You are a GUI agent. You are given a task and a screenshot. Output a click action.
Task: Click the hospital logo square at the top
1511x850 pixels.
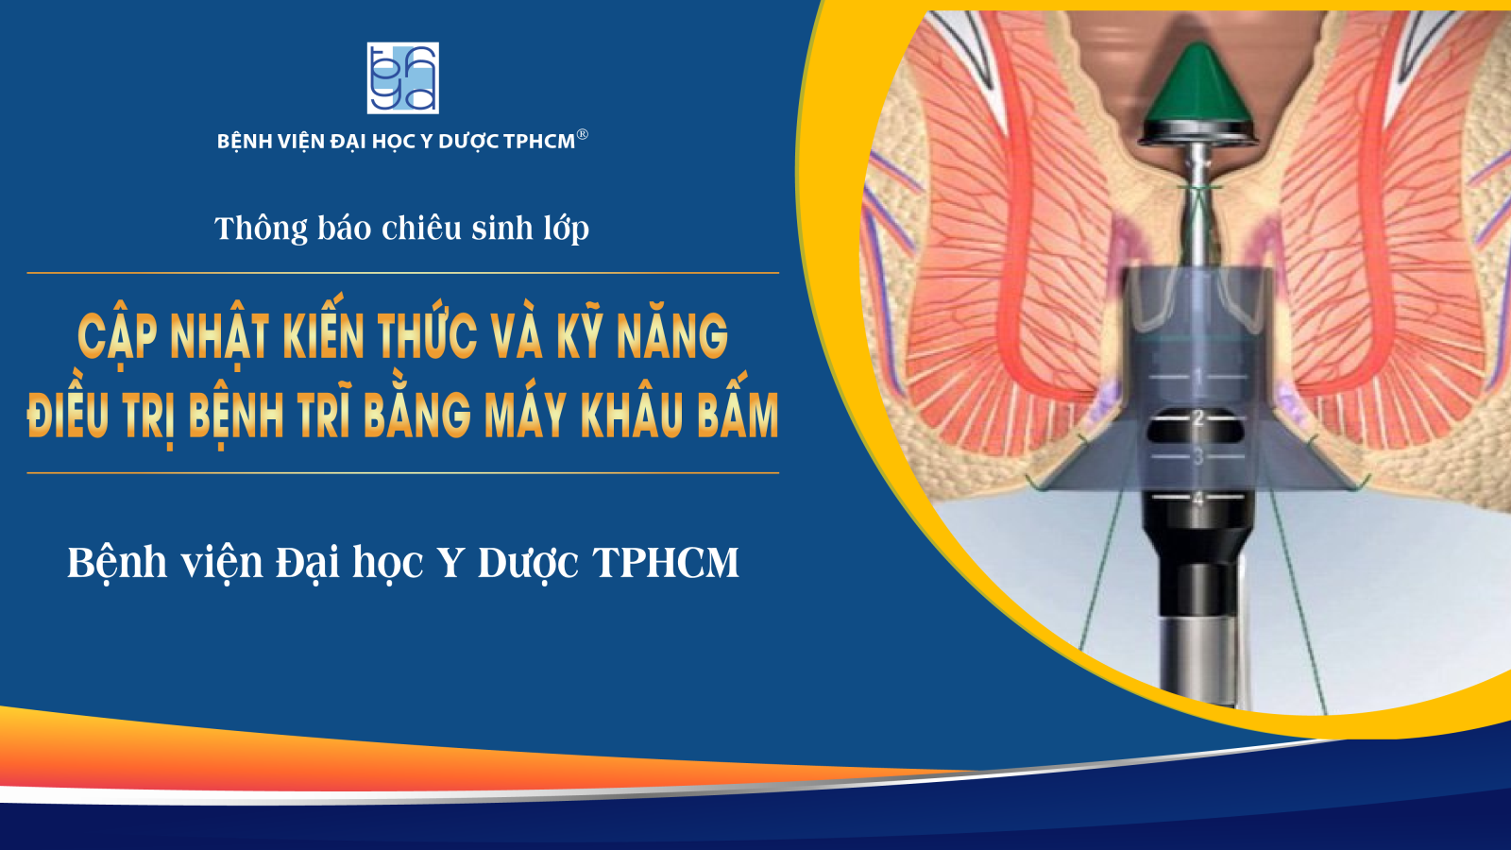pyautogui.click(x=402, y=78)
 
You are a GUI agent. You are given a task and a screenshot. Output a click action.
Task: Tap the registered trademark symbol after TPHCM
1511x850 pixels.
pyautogui.click(x=583, y=134)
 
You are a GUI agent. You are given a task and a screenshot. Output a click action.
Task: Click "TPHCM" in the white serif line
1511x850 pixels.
pyautogui.click(x=665, y=562)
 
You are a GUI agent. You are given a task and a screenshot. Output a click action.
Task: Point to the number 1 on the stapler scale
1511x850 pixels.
pyautogui.click(x=1198, y=376)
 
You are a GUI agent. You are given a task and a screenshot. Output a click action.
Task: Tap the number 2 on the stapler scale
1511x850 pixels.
pyautogui.click(x=1198, y=419)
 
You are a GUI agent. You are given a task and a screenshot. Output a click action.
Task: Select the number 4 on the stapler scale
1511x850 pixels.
pyautogui.click(x=1198, y=500)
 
